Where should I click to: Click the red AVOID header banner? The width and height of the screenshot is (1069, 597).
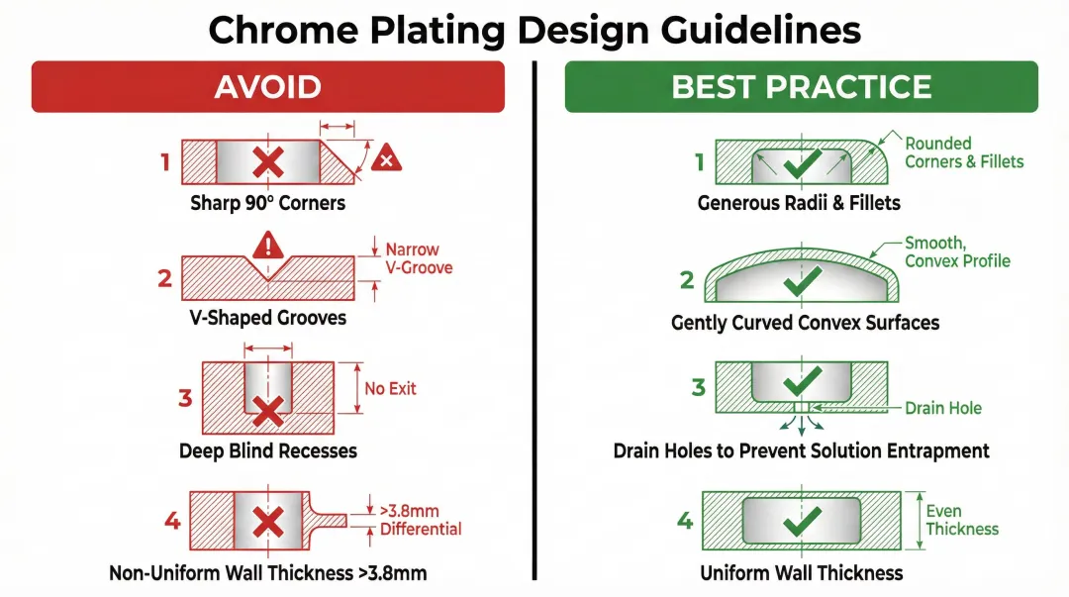click(267, 86)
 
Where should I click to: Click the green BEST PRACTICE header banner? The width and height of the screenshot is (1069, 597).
click(801, 86)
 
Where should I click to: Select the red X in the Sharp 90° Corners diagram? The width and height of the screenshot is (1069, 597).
click(267, 162)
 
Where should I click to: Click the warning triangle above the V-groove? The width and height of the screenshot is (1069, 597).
click(268, 244)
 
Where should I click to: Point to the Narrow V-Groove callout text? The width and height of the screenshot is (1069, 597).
click(412, 258)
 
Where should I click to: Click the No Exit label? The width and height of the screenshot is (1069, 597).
click(390, 388)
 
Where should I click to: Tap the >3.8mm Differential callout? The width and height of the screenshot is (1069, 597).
click(421, 520)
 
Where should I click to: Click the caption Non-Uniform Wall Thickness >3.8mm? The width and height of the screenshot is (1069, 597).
click(267, 572)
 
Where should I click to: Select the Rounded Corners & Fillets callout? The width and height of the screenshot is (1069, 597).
click(963, 152)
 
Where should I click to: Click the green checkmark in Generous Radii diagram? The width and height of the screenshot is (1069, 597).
click(803, 163)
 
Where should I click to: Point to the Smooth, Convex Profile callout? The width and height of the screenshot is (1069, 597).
click(957, 251)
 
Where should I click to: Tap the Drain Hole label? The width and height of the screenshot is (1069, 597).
click(942, 408)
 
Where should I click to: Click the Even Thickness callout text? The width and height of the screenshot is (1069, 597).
click(962, 520)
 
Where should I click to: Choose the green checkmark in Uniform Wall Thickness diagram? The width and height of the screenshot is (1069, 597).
click(802, 520)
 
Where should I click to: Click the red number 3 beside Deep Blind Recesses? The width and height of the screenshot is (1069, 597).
click(185, 399)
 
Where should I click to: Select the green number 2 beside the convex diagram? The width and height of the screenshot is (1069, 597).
click(687, 280)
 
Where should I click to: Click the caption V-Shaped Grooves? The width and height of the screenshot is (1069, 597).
click(268, 318)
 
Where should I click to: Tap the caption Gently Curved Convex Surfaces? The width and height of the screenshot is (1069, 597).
click(805, 323)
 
